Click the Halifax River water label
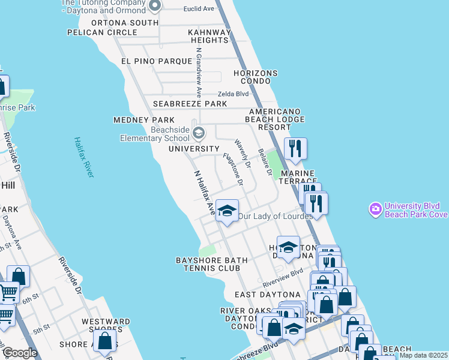pyautogui.click(x=84, y=157)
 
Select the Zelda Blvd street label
pyautogui.click(x=233, y=94)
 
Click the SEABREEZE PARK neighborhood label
pyautogui.click(x=190, y=104)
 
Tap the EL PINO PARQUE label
pyautogui.click(x=146, y=61)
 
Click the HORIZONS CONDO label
pyautogui.click(x=256, y=77)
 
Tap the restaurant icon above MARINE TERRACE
pyautogui.click(x=295, y=148)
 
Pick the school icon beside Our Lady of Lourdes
pyautogui.click(x=227, y=210)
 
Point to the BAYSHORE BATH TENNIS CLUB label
pyautogui.click(x=208, y=264)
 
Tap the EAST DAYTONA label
pyautogui.click(x=267, y=295)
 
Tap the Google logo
pyautogui.click(x=20, y=352)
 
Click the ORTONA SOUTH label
pyautogui.click(x=124, y=23)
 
